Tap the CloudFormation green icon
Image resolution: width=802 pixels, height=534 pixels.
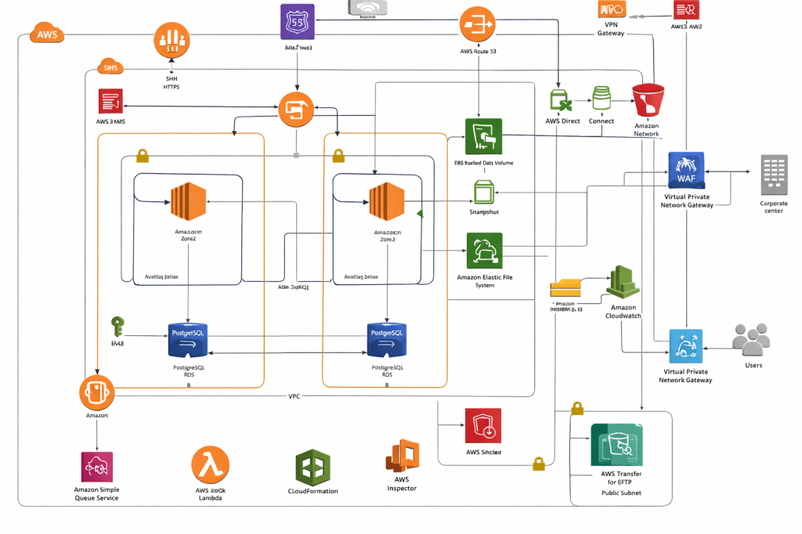pyautogui.click(x=312, y=467)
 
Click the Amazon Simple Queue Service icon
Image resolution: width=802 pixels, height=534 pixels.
pyautogui.click(x=97, y=467)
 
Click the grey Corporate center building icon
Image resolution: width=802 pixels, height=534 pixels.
pyautogui.click(x=774, y=175)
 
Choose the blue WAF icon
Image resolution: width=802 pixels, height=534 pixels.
pyautogui.click(x=687, y=170)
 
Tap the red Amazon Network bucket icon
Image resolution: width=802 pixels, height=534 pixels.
pyautogui.click(x=648, y=102)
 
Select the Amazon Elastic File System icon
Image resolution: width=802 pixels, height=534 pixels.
pyautogui.click(x=484, y=251)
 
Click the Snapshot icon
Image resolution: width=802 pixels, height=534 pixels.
pyautogui.click(x=483, y=193)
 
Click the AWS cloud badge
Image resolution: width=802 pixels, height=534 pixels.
pyautogui.click(x=46, y=34)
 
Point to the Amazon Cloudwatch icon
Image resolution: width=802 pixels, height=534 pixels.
pyautogui.click(x=623, y=282)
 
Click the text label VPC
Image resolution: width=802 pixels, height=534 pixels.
pyautogui.click(x=294, y=396)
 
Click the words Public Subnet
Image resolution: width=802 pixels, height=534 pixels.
pyautogui.click(x=621, y=493)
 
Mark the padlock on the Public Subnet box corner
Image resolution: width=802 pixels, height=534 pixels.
pyautogui.click(x=577, y=408)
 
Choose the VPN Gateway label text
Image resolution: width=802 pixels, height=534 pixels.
pyautogui.click(x=611, y=28)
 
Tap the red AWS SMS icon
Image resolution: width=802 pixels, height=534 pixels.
pyautogui.click(x=110, y=103)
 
